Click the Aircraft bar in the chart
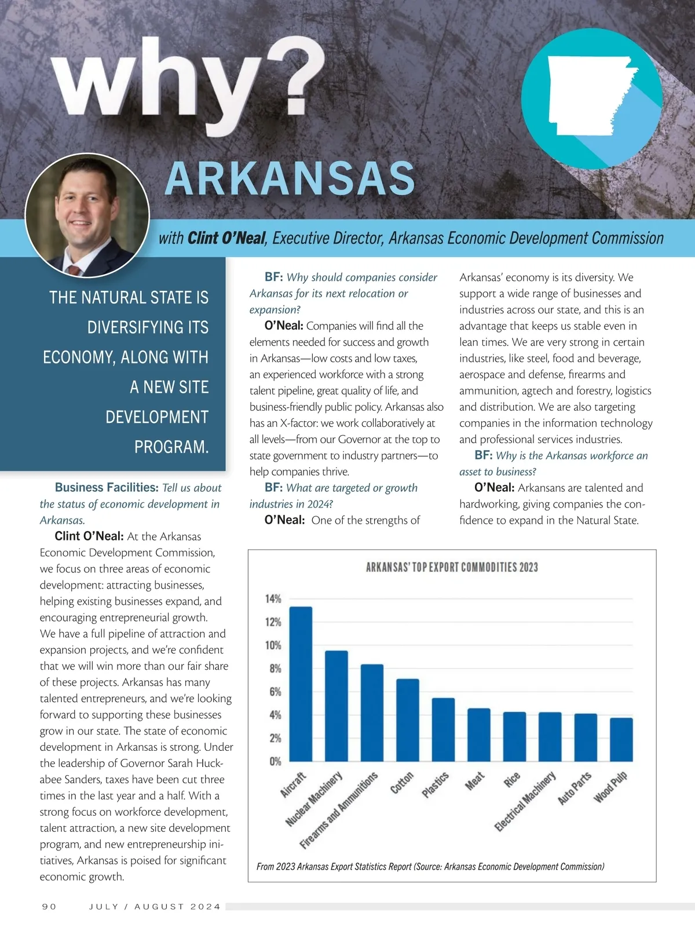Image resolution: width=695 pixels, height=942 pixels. click(301, 684)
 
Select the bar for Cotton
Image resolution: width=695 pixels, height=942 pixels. click(408, 720)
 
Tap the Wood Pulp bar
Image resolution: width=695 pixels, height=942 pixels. click(621, 739)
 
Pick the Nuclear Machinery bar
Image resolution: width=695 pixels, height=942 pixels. click(336, 706)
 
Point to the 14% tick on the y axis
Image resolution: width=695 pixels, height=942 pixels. click(273, 598)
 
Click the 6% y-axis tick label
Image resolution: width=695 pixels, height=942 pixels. click(275, 692)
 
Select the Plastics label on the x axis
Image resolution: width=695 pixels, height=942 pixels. click(435, 785)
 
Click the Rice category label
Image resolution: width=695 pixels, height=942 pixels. click(512, 780)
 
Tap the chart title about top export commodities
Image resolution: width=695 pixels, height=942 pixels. click(452, 567)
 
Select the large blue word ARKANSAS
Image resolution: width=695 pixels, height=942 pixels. click(290, 178)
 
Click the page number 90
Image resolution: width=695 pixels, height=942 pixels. click(49, 907)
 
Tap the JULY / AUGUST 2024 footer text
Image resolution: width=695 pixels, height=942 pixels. click(155, 907)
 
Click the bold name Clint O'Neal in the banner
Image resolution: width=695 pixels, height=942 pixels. click(226, 238)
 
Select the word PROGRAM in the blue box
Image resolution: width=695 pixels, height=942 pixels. click(171, 447)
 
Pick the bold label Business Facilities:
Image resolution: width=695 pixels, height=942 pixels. click(107, 488)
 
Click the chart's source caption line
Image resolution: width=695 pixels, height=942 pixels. click(430, 867)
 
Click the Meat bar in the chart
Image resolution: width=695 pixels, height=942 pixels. click(479, 734)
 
